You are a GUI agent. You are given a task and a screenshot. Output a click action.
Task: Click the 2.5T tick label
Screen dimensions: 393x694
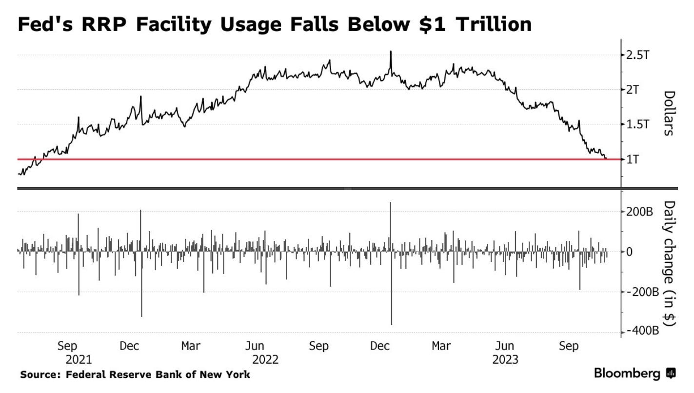point(637,55)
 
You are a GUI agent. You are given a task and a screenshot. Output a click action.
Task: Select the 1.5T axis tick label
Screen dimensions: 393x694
point(637,124)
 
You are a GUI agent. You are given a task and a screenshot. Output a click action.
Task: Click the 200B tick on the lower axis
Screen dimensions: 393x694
point(639,212)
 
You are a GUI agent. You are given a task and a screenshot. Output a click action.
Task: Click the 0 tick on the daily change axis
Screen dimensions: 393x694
point(629,252)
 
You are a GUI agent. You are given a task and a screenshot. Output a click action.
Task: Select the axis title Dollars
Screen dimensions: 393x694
point(669,113)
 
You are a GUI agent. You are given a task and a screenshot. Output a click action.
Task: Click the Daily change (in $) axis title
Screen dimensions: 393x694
point(669,263)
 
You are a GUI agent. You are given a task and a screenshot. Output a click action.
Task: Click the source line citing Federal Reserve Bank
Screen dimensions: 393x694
point(135,374)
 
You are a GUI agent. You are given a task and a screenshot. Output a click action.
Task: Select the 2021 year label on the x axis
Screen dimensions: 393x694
point(78,360)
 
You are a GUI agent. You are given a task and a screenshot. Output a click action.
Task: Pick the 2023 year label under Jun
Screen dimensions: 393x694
point(505,360)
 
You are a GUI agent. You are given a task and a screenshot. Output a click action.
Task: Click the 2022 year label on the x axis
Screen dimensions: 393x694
point(266,360)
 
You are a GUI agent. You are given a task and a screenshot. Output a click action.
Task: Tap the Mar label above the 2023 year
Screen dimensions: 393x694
point(441,346)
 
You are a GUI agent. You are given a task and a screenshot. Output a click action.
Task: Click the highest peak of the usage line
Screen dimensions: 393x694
point(391,51)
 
